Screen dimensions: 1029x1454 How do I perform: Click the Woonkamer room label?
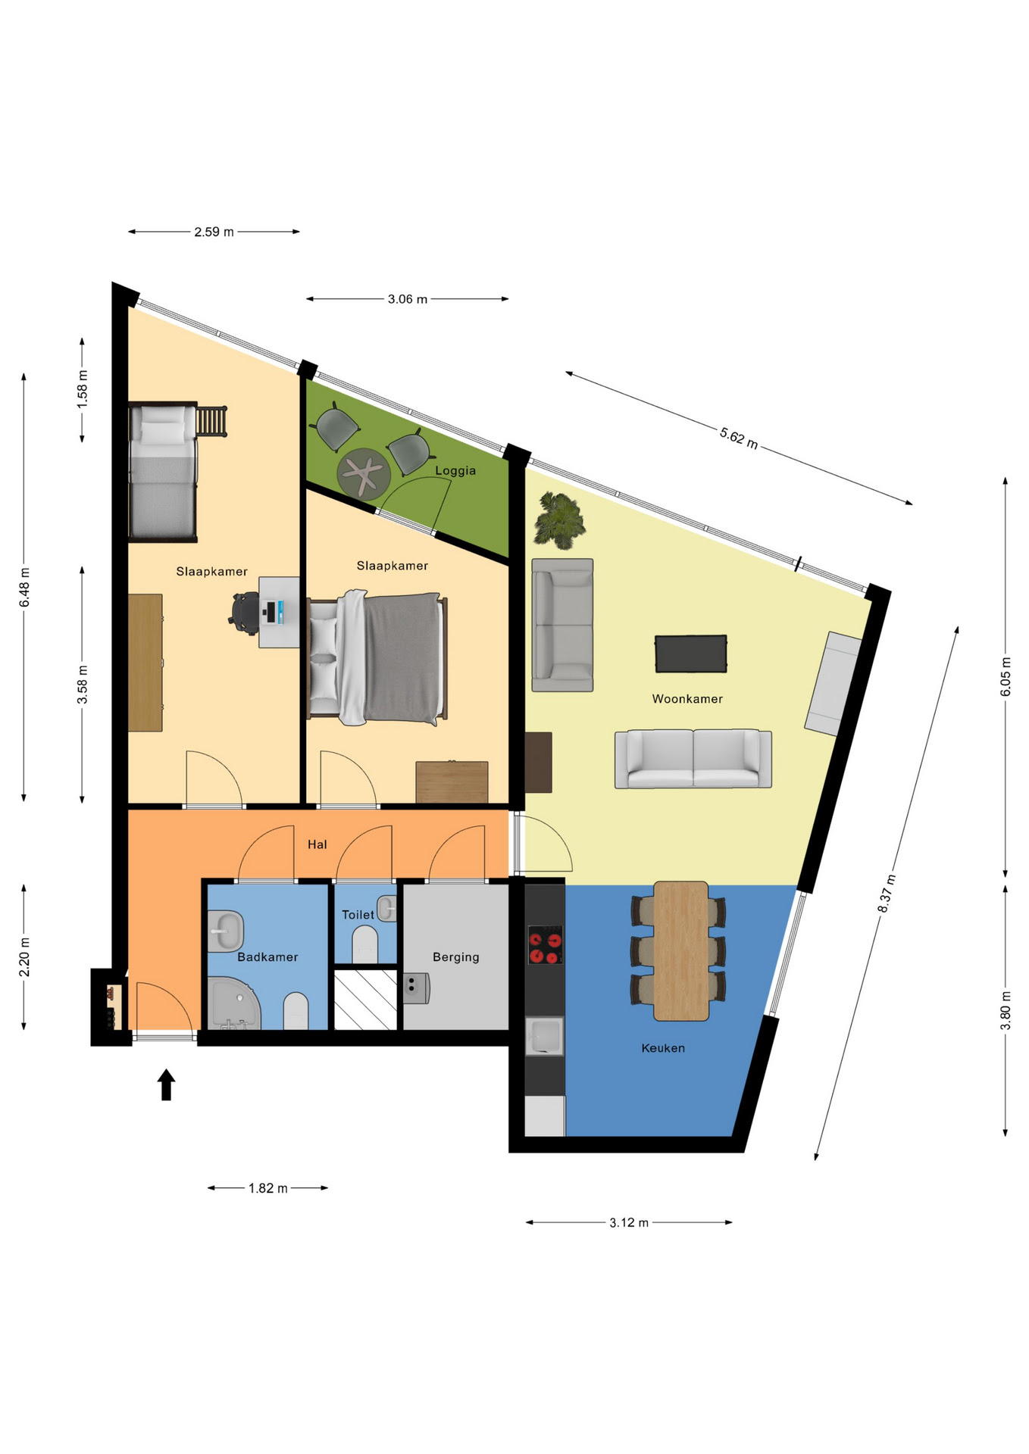point(687,699)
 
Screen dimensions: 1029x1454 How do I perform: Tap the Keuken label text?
point(663,1048)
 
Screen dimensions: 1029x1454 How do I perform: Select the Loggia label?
point(455,471)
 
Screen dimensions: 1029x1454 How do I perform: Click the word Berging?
point(455,957)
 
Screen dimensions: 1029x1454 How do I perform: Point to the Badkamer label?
point(267,957)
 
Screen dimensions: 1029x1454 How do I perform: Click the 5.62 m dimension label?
point(739,438)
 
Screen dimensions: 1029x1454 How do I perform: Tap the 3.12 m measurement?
point(629,1222)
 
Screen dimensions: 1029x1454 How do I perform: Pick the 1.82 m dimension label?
point(268,1188)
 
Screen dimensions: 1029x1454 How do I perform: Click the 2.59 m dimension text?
point(214,232)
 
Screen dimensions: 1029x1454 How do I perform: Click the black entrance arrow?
point(167,1084)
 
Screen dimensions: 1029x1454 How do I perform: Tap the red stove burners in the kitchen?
point(545,945)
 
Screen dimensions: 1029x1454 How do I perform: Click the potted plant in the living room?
point(560,520)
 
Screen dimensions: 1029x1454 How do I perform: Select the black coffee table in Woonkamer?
point(690,654)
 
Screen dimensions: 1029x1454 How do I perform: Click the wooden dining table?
point(681,950)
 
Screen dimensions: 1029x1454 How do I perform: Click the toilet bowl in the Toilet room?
point(365,944)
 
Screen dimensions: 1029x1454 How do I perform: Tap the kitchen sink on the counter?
point(544,1036)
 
